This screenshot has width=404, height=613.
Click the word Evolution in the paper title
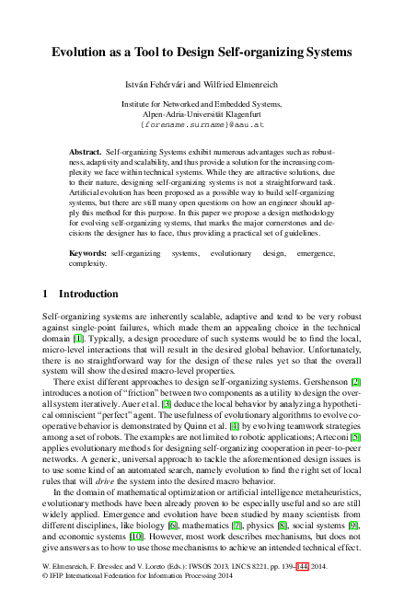pyautogui.click(x=85, y=53)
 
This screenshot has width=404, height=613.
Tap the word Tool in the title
pyautogui.click(x=153, y=53)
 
